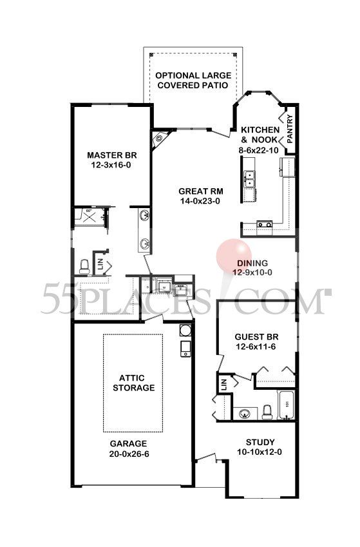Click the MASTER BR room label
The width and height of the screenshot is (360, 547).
point(110,155)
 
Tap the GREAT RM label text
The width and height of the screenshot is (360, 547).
point(201,191)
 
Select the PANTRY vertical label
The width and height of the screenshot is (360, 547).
point(290,128)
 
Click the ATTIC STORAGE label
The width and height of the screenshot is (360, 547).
point(133,383)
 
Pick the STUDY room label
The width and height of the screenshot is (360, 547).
point(260,442)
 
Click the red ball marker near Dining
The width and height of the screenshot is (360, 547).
point(234,254)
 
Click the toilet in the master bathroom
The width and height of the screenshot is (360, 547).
point(83,265)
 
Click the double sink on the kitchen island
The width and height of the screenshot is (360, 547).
point(249,178)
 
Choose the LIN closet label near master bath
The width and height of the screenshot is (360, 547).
point(100,262)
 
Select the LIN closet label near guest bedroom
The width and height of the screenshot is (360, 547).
point(224,384)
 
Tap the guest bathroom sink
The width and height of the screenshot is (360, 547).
point(245,412)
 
